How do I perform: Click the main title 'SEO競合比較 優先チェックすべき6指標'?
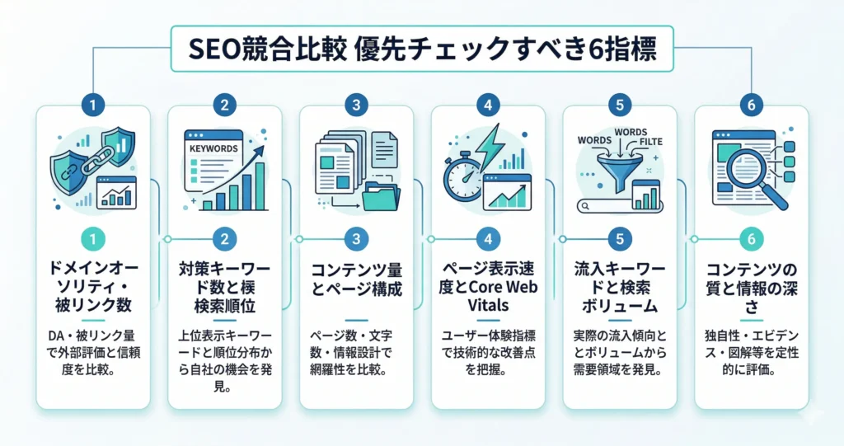[422, 50]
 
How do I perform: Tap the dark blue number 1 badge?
[93, 106]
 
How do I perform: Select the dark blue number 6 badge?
[750, 106]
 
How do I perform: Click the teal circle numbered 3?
[356, 239]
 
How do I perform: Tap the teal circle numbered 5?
[619, 239]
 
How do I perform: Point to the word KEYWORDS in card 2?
[213, 148]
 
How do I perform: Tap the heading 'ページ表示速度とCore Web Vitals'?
[488, 285]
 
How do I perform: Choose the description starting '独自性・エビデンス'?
[750, 353]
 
